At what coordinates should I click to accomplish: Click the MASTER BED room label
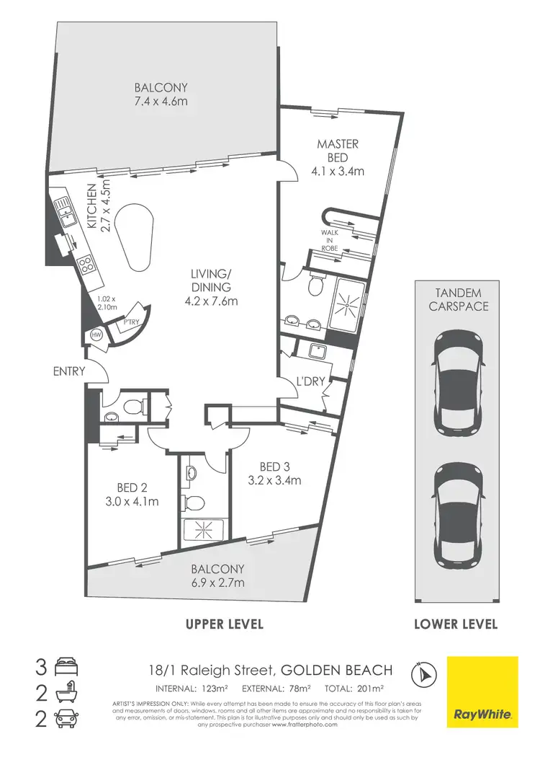pos(338,151)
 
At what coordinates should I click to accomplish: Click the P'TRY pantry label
pos(130,323)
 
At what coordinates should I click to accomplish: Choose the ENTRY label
pos(69,371)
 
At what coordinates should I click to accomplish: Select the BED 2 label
pos(131,487)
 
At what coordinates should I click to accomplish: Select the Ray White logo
pos(482,691)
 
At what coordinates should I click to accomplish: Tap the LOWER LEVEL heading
pos(456,624)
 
